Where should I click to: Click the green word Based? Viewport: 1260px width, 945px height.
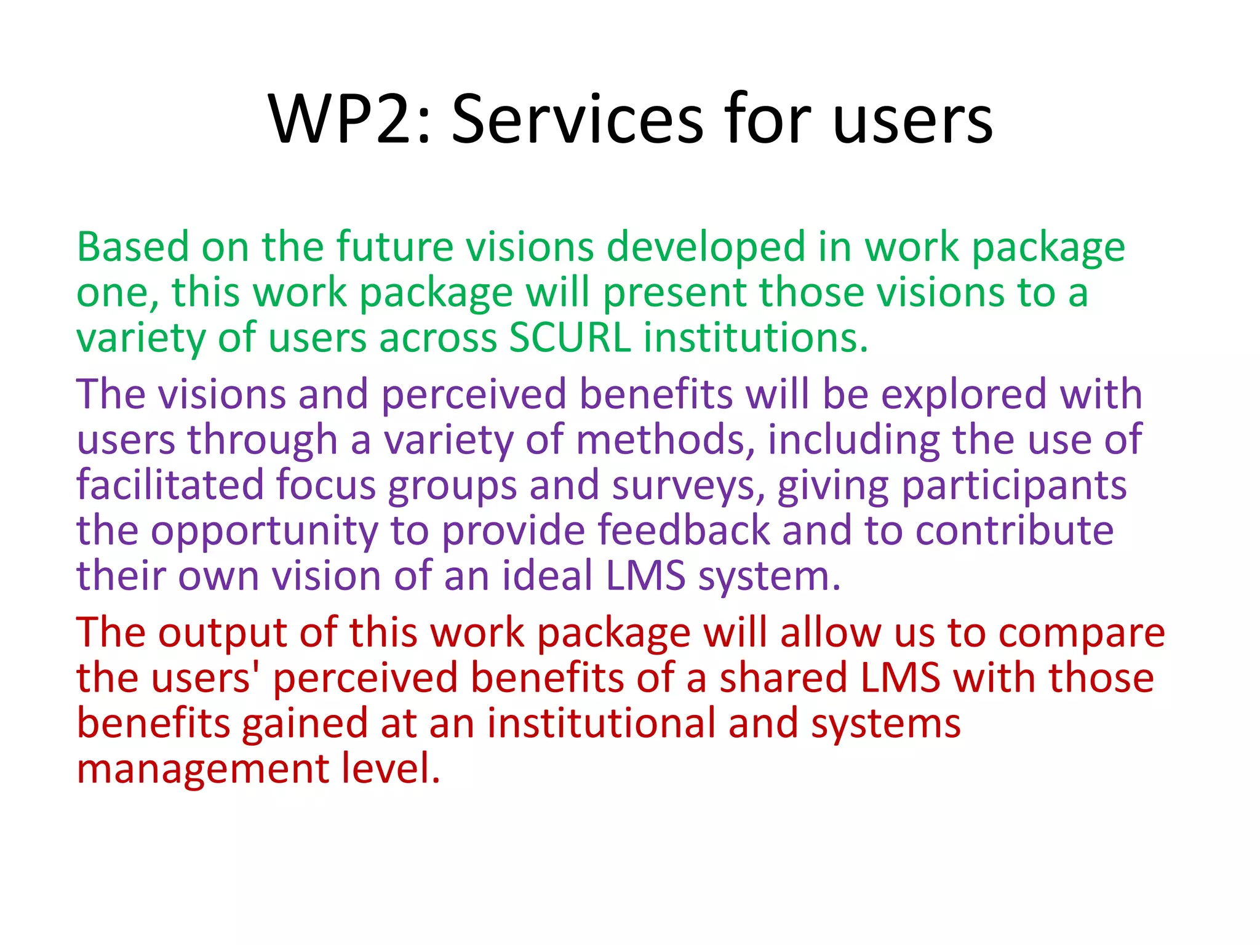pos(132,247)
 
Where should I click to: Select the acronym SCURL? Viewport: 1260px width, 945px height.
pos(570,338)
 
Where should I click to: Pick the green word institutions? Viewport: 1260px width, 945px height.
pos(756,338)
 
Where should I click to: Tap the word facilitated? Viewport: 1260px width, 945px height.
pos(170,485)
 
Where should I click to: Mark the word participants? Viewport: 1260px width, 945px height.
pos(1014,485)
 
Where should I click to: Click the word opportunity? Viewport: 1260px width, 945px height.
pos(264,530)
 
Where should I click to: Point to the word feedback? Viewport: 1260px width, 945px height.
pos(684,530)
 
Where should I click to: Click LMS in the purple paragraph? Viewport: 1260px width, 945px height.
pos(645,576)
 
